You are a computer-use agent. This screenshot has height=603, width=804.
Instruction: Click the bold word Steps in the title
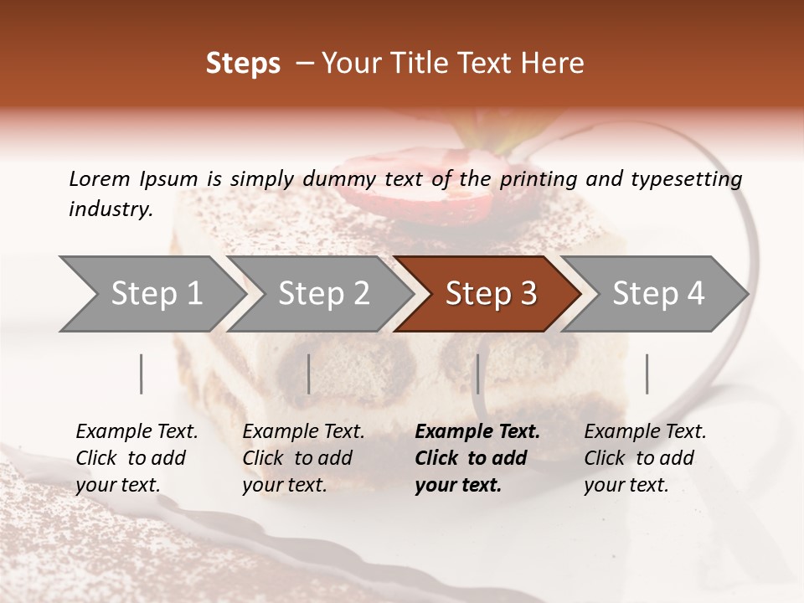pyautogui.click(x=243, y=64)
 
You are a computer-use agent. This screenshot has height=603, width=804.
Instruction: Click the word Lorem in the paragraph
pyautogui.click(x=99, y=178)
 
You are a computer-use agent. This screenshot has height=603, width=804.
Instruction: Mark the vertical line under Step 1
pyautogui.click(x=142, y=374)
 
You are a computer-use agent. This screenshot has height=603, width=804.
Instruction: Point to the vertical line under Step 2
pyautogui.click(x=309, y=374)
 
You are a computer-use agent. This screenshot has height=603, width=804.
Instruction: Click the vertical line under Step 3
pyautogui.click(x=477, y=374)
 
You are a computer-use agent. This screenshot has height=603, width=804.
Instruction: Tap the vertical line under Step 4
pyautogui.click(x=647, y=374)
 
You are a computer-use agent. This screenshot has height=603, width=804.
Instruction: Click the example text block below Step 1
pyautogui.click(x=137, y=458)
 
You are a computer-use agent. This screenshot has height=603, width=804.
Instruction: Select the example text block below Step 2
pyautogui.click(x=303, y=458)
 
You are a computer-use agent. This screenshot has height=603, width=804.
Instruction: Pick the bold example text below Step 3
pyautogui.click(x=477, y=458)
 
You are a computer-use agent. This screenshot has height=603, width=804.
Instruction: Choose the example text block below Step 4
pyautogui.click(x=645, y=458)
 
